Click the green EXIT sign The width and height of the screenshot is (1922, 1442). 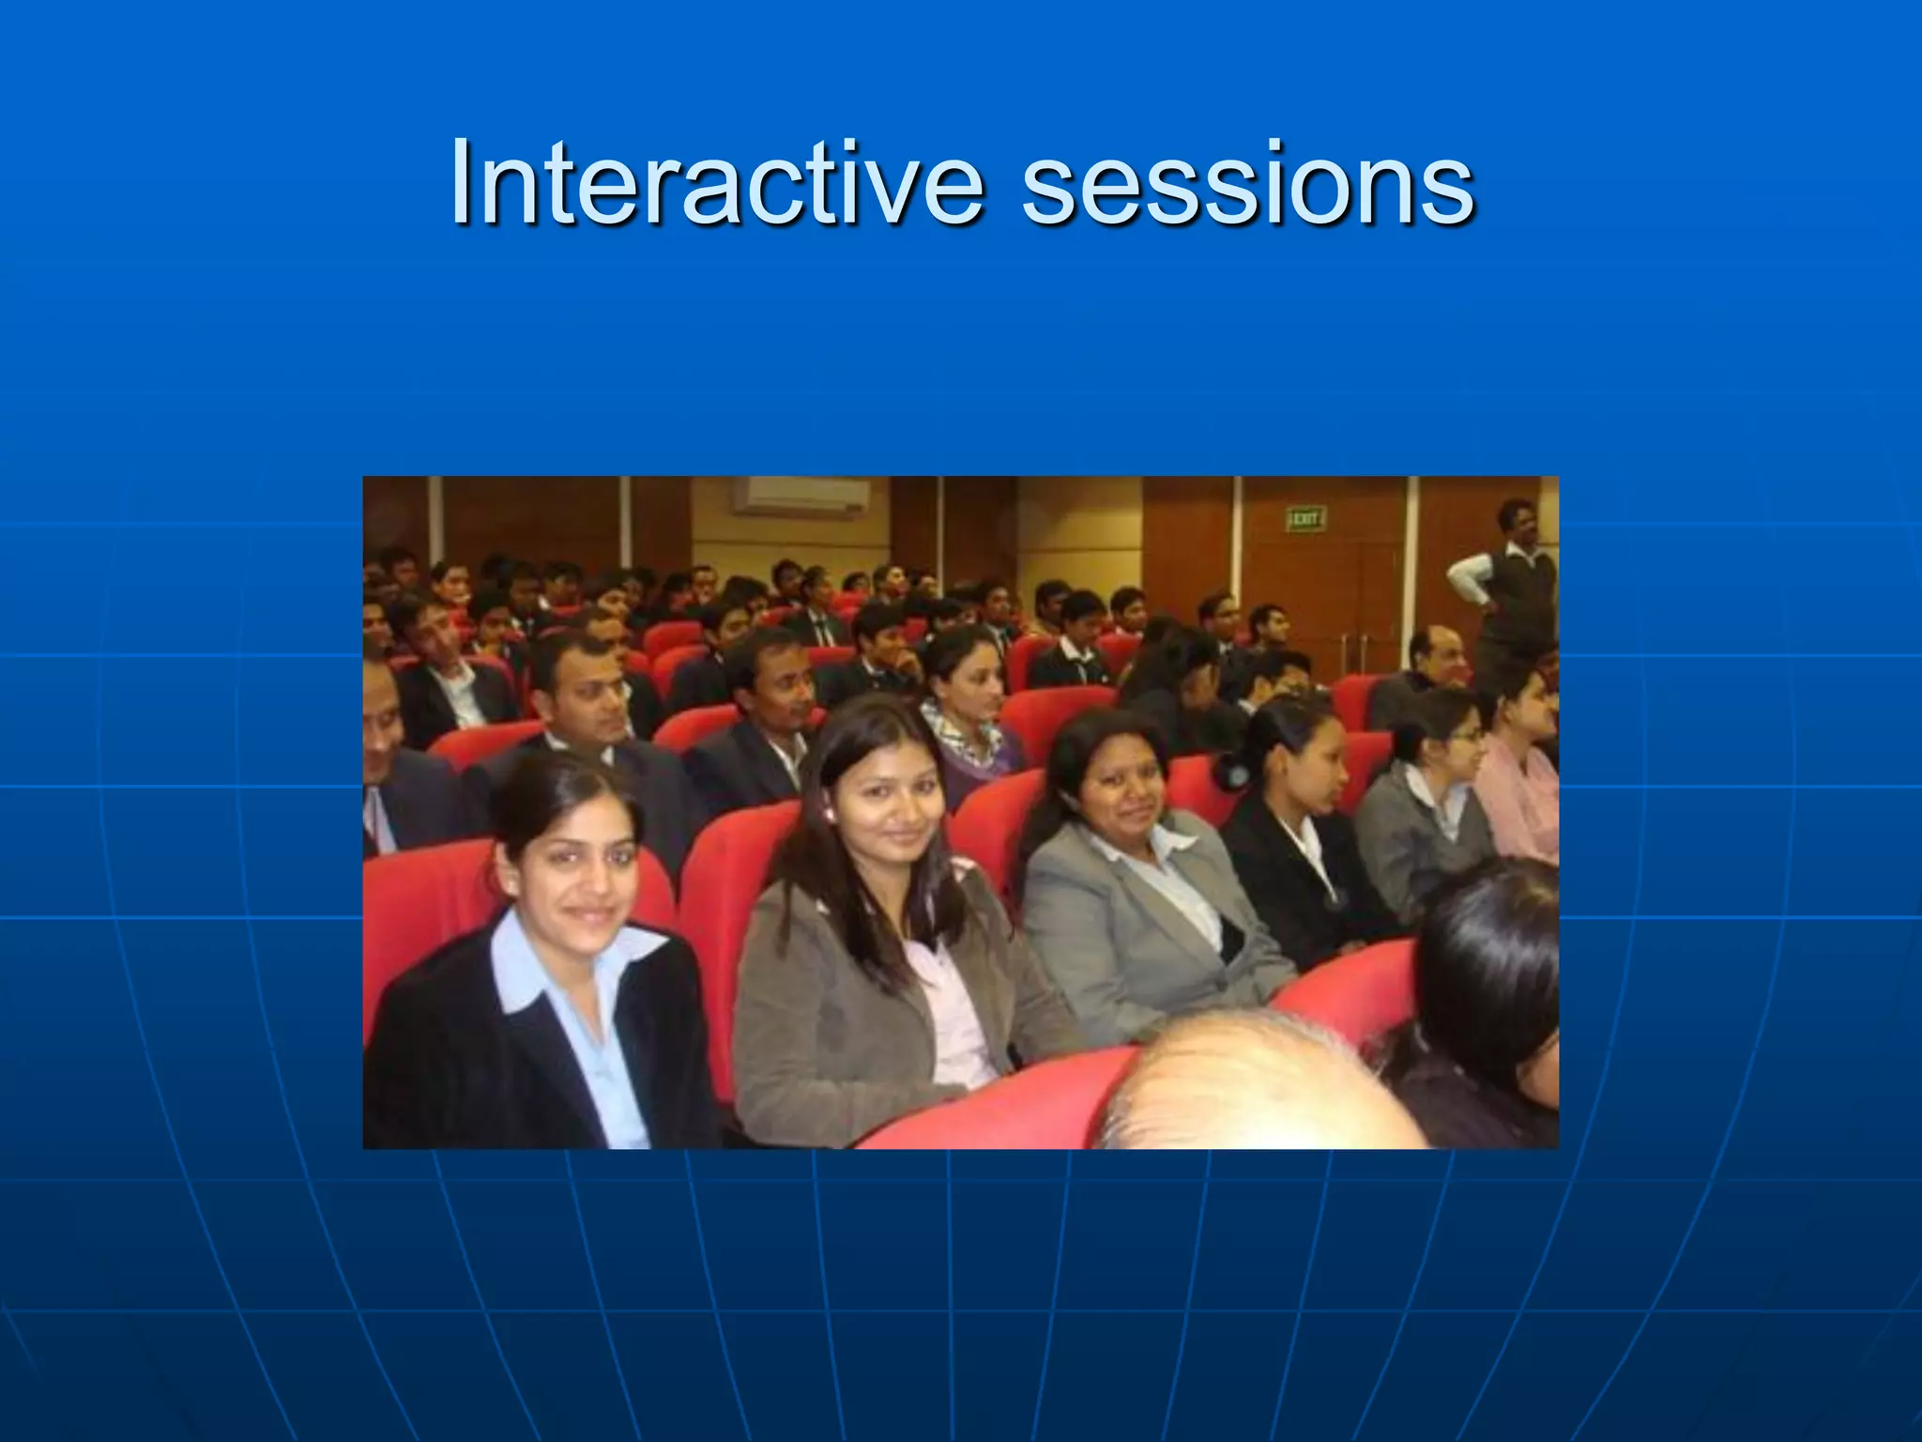point(1305,517)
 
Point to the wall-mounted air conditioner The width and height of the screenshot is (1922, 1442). point(801,495)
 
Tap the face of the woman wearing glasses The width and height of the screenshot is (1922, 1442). point(1455,742)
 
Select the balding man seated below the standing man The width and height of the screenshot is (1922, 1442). point(1436,657)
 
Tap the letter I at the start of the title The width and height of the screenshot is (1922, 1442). point(460,183)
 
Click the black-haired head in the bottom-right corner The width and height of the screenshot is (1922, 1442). point(1492,967)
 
